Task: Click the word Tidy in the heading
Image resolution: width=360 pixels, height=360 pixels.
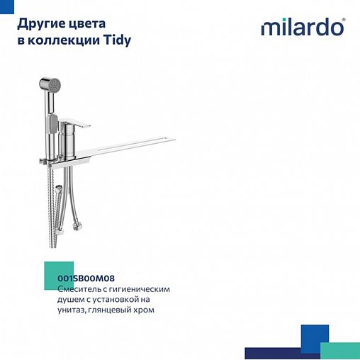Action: (117, 40)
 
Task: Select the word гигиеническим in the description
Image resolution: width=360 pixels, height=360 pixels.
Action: (139, 289)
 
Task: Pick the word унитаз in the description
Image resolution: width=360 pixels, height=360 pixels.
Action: (74, 310)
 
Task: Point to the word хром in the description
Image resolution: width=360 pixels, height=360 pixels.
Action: (143, 310)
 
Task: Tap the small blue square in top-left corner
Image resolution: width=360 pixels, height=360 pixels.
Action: (6, 6)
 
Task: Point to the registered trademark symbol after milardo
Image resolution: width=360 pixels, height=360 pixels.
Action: (344, 19)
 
